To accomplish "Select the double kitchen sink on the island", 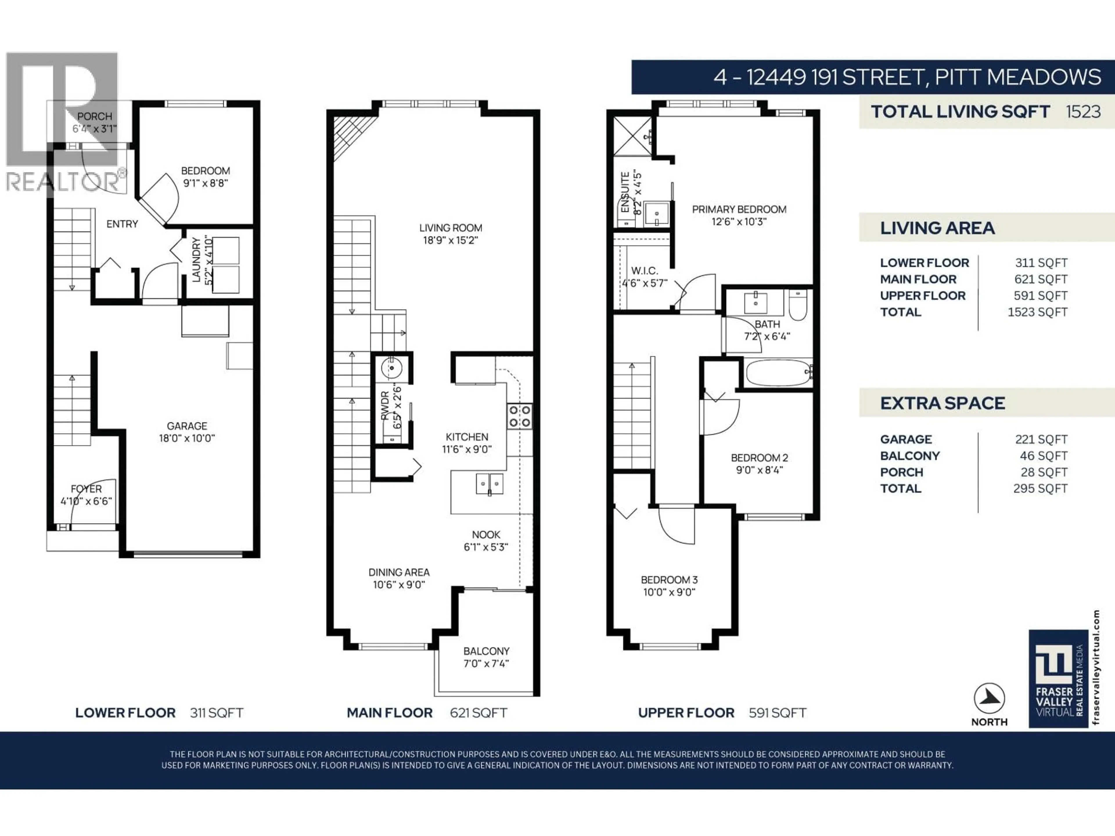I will [x=490, y=484].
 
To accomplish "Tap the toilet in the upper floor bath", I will [x=798, y=305].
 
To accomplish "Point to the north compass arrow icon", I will [x=989, y=698].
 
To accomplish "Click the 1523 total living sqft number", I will [x=1083, y=111].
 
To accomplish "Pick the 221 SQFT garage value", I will [x=1041, y=439].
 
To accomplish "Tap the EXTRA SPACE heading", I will [x=942, y=403].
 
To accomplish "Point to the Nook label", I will [x=486, y=535].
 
